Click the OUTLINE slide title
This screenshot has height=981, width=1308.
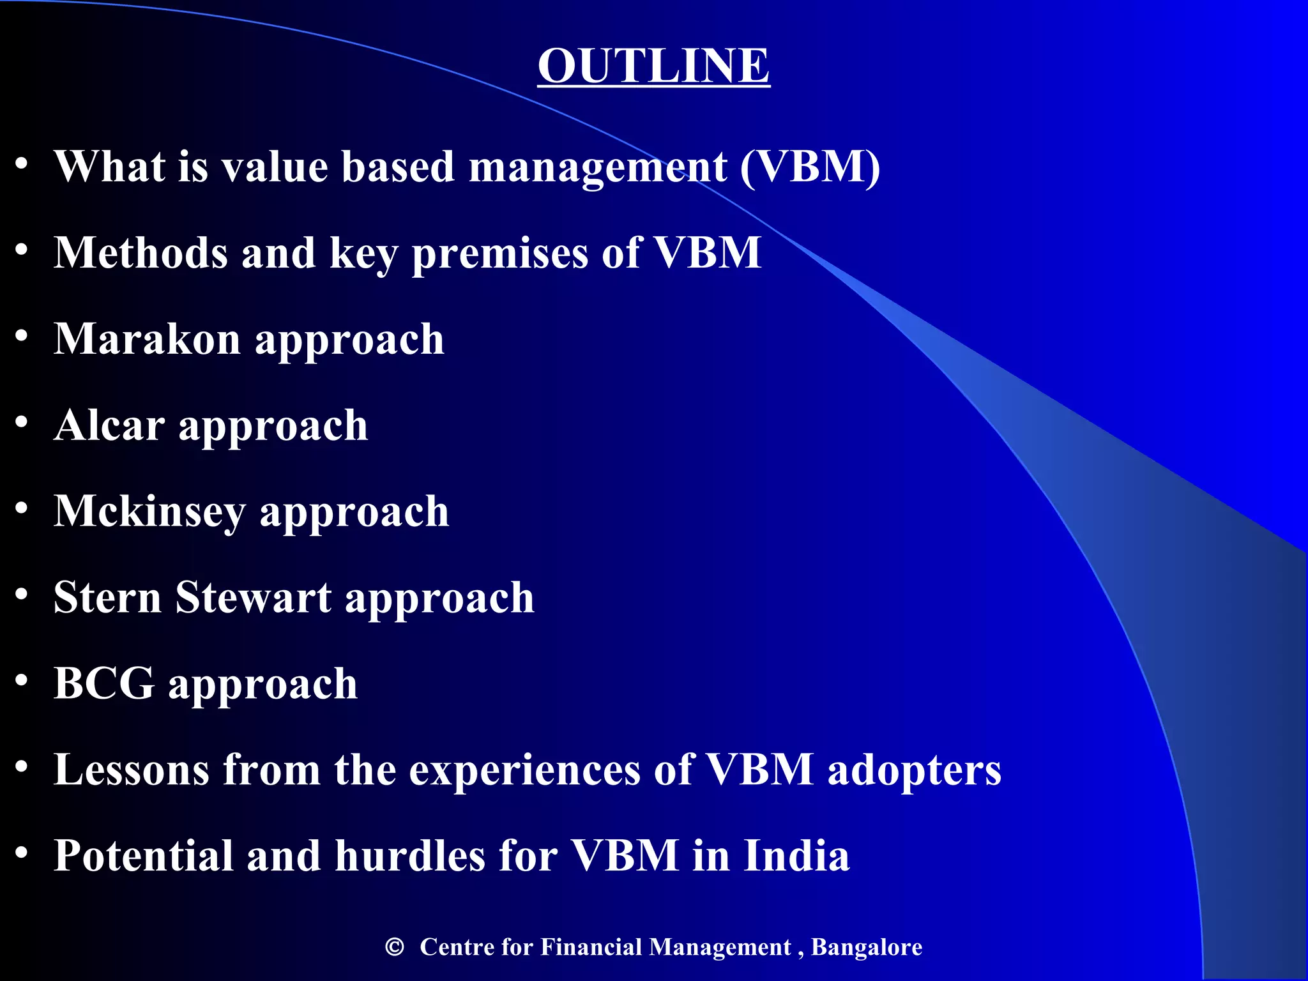(653, 65)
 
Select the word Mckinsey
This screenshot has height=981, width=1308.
(149, 512)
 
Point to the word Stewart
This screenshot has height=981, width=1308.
(254, 598)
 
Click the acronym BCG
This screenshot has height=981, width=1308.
(103, 683)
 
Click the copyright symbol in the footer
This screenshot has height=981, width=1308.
(395, 947)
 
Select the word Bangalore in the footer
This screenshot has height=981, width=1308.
(866, 947)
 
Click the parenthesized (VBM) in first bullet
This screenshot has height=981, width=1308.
(810, 167)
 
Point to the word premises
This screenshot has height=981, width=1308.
(499, 254)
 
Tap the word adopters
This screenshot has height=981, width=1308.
(914, 770)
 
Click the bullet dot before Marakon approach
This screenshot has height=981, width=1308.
(22, 336)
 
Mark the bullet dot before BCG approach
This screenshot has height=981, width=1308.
(22, 680)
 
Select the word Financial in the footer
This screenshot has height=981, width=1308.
(591, 947)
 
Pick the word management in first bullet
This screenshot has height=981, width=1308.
(598, 168)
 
